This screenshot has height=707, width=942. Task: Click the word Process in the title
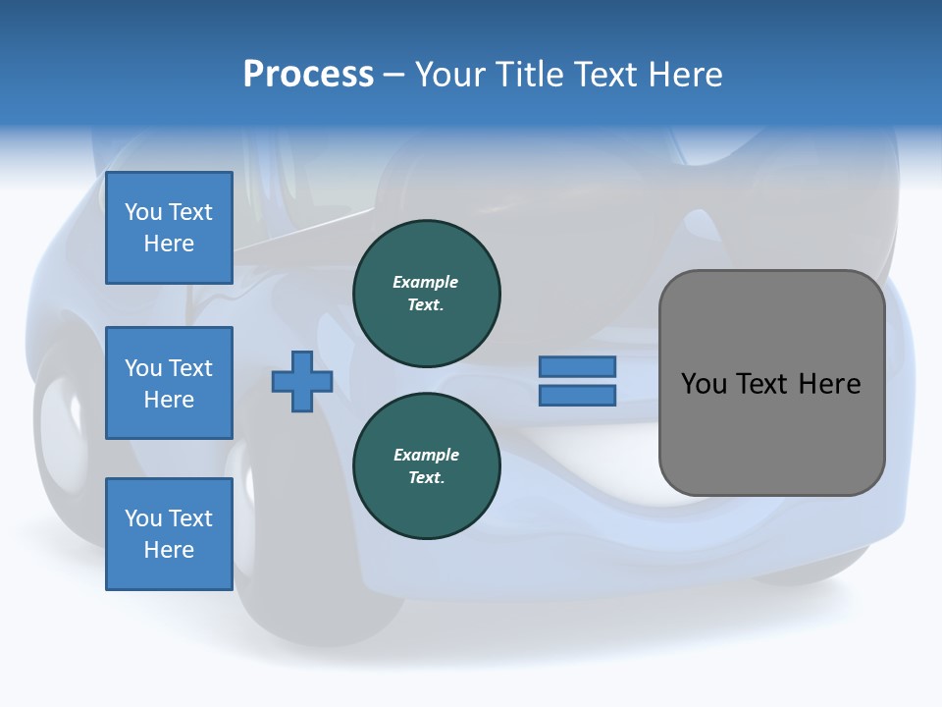[308, 75]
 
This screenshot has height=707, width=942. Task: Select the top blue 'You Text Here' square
[169, 228]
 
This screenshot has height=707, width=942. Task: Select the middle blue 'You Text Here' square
[169, 383]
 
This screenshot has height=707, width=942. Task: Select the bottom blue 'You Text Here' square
[169, 534]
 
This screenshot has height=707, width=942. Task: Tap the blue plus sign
[302, 381]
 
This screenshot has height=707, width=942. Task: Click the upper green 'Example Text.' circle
[427, 294]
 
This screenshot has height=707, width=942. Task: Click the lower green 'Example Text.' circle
[427, 466]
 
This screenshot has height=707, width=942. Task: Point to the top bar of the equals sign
[578, 366]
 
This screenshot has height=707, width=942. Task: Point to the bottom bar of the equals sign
[578, 396]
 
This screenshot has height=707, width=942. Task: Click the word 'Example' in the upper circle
[426, 283]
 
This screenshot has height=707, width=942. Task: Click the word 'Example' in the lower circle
[426, 456]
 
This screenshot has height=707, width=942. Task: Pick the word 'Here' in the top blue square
[169, 244]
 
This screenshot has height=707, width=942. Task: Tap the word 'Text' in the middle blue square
[190, 368]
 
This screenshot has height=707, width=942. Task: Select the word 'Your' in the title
[448, 75]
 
